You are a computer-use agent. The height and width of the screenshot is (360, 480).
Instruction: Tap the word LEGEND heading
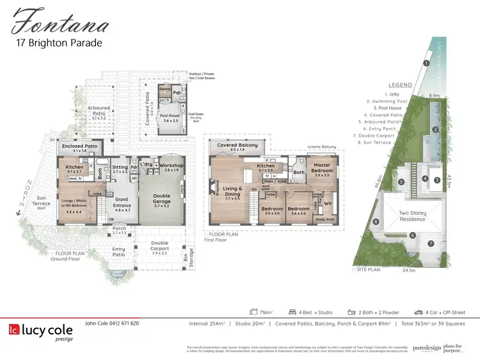(x=399, y=85)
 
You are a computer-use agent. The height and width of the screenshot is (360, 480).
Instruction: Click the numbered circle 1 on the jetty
(x=426, y=63)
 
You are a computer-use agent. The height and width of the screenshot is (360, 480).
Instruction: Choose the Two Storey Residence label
(x=413, y=216)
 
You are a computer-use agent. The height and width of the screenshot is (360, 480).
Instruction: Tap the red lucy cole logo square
(x=13, y=331)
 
